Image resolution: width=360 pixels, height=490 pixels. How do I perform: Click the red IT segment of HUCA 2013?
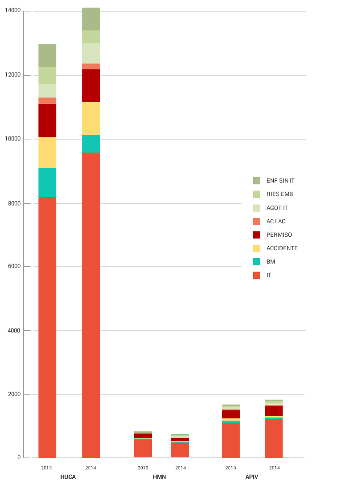click(47, 327)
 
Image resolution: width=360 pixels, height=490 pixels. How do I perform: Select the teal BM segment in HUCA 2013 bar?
click(47, 183)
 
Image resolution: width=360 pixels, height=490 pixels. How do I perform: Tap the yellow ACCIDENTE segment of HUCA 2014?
click(91, 118)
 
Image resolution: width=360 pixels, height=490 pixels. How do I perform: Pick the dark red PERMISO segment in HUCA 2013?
click(47, 120)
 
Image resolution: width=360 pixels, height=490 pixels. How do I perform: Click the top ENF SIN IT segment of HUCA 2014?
click(91, 19)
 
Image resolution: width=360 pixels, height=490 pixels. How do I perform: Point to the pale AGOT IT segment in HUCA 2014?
click(91, 53)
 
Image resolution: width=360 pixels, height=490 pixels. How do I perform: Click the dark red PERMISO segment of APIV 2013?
click(231, 414)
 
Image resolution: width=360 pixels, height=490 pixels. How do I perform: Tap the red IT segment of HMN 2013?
click(143, 448)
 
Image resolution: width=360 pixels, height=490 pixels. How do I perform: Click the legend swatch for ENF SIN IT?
click(257, 181)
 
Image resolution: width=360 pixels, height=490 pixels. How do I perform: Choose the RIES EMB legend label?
click(280, 194)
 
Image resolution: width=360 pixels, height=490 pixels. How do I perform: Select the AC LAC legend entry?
click(275, 221)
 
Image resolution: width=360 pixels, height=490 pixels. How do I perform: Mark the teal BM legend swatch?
click(257, 261)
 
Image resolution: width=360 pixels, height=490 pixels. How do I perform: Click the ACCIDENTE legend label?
click(282, 248)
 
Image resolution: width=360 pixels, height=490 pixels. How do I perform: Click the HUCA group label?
click(68, 477)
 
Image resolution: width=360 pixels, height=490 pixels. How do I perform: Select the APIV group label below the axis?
click(252, 477)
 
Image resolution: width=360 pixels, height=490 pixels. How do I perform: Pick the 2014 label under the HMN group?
click(181, 468)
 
